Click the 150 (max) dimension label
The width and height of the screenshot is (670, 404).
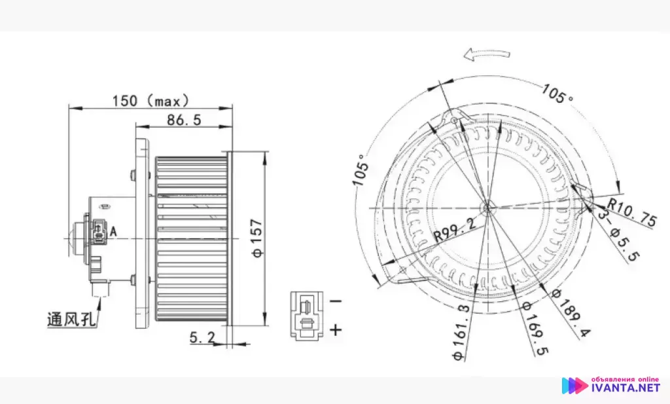[150, 100]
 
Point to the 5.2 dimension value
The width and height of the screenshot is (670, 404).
[203, 338]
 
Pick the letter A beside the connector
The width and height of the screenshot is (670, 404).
[113, 230]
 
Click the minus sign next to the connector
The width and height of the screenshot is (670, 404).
[336, 301]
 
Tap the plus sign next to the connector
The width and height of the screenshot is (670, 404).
[336, 329]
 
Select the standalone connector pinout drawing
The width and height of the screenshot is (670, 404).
[306, 315]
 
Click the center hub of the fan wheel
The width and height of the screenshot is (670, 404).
[487, 208]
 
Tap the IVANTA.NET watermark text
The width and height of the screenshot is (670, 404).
[625, 388]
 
